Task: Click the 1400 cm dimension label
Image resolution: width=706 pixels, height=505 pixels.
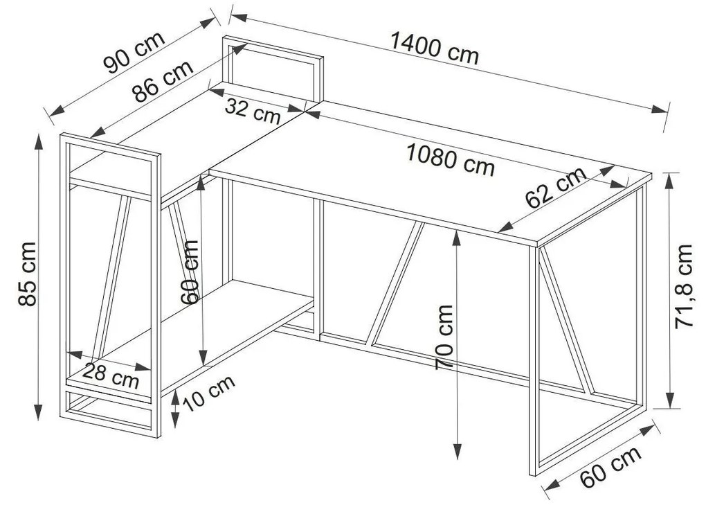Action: click(x=434, y=48)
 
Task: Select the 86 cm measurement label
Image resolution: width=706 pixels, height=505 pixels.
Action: click(x=163, y=80)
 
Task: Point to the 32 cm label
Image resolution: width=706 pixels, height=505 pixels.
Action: click(x=253, y=112)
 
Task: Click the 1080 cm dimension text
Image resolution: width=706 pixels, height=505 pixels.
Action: click(x=451, y=159)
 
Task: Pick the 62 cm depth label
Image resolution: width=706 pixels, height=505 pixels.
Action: click(x=556, y=188)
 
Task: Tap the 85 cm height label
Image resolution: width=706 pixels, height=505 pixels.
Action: click(x=27, y=274)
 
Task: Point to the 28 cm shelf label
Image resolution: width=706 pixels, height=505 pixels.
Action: click(x=111, y=375)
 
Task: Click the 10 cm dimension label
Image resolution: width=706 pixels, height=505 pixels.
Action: click(x=209, y=393)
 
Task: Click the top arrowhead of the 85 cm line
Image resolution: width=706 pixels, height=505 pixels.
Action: click(x=39, y=142)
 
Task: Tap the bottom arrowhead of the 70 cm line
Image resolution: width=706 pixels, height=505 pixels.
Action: click(x=457, y=451)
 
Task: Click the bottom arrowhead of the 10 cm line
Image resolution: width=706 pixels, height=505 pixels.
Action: click(x=175, y=421)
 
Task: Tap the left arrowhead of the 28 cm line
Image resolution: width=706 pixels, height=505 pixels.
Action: click(x=75, y=354)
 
